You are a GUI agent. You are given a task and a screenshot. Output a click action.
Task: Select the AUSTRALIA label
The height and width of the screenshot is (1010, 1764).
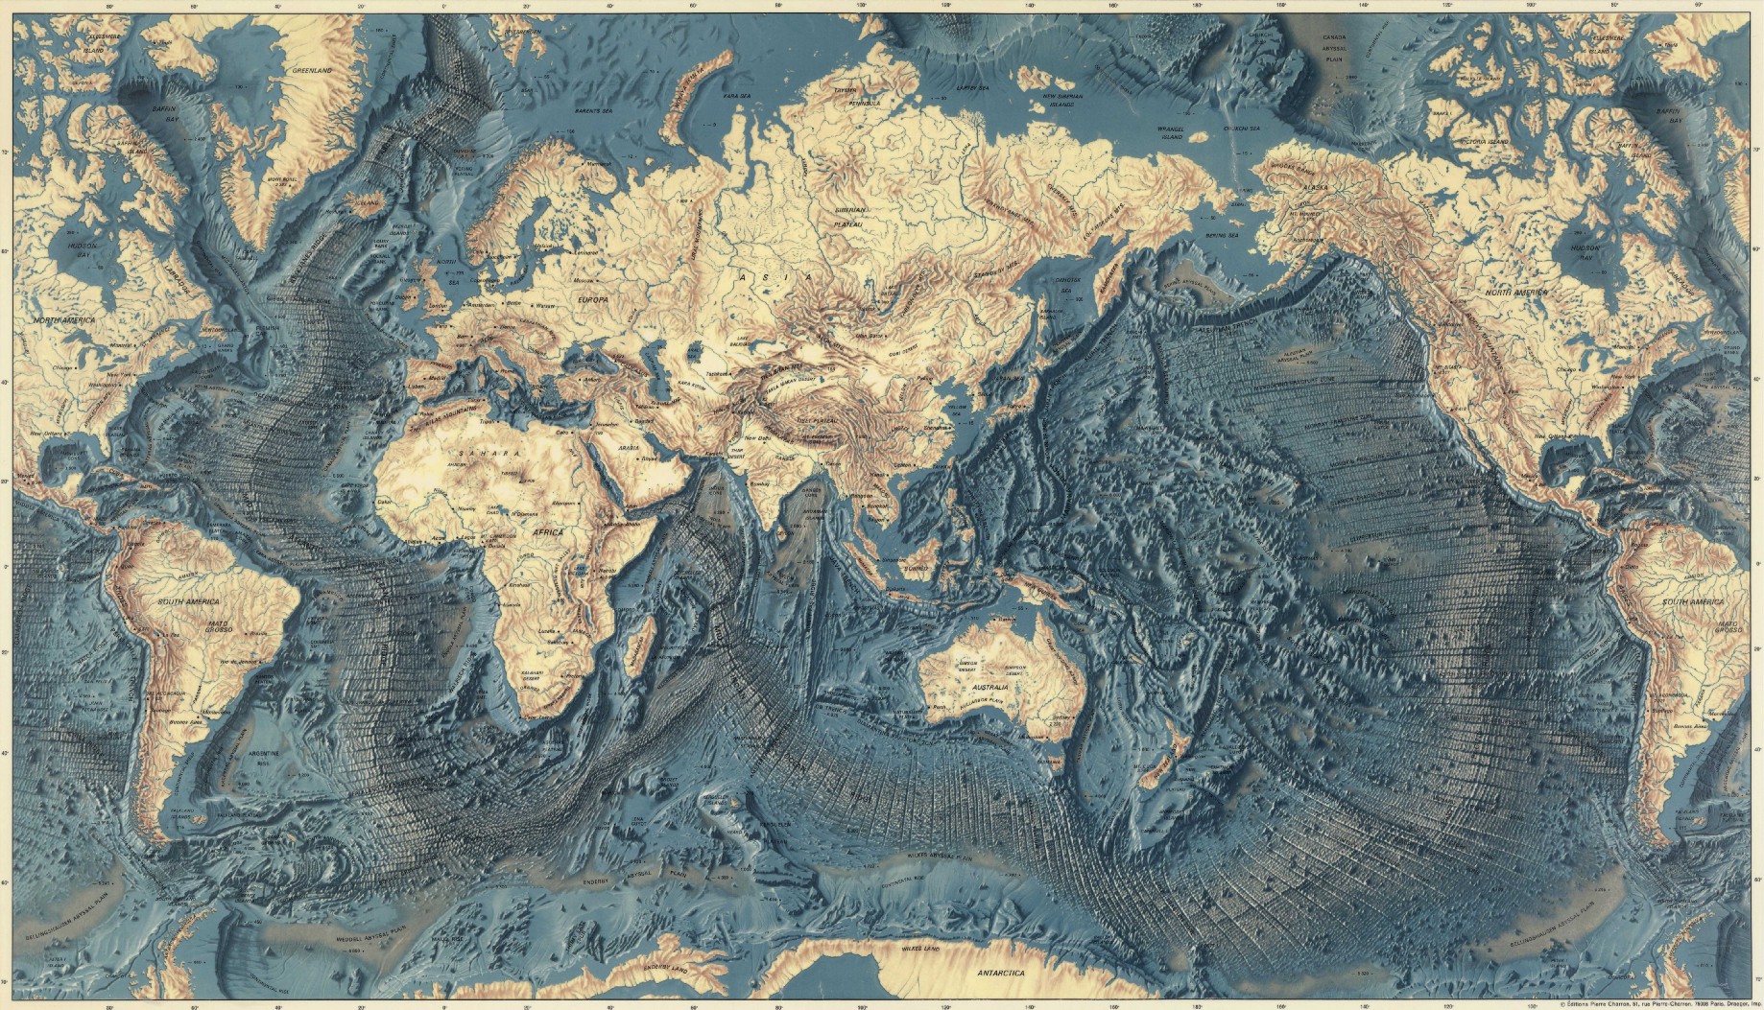(x=990, y=688)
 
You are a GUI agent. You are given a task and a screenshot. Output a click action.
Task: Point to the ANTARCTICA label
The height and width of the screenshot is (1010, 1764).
(x=1001, y=973)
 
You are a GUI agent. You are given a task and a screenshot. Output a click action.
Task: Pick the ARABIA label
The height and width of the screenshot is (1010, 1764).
(x=628, y=448)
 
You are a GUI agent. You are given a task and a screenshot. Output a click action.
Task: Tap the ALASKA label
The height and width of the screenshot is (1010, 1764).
(x=1313, y=187)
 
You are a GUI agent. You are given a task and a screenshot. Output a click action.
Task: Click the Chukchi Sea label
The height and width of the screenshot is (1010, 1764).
(x=1246, y=128)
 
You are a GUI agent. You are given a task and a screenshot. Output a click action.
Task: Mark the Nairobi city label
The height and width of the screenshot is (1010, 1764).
(x=606, y=570)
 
